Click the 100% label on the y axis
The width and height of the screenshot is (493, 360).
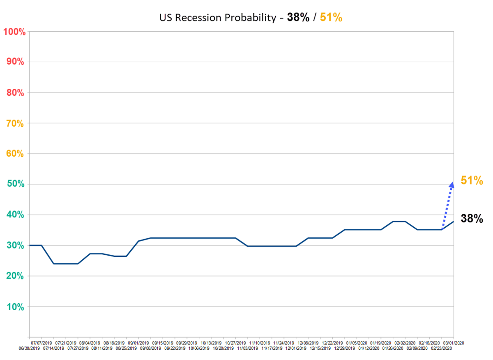tap(15, 32)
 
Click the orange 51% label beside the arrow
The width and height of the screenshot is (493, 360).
tap(472, 180)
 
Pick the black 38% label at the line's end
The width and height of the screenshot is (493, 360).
tap(472, 219)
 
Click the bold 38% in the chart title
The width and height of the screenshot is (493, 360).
tap(298, 18)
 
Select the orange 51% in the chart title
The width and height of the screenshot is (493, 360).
tap(331, 18)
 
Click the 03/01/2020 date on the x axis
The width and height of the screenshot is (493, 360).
tap(453, 342)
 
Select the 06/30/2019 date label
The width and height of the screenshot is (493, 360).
tap(29, 348)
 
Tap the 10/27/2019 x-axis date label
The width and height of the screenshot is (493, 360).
tap(235, 342)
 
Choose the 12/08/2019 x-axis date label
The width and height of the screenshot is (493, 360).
tap(308, 342)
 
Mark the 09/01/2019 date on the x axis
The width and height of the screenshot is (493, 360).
tap(138, 342)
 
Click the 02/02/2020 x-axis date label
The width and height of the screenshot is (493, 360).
tap(405, 342)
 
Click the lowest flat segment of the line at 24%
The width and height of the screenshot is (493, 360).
tap(66, 263)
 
